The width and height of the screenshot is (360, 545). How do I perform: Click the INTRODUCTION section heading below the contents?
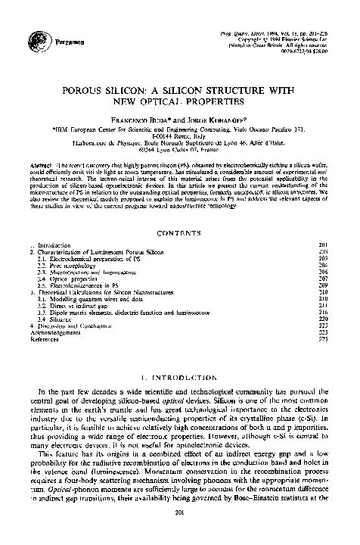179,375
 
